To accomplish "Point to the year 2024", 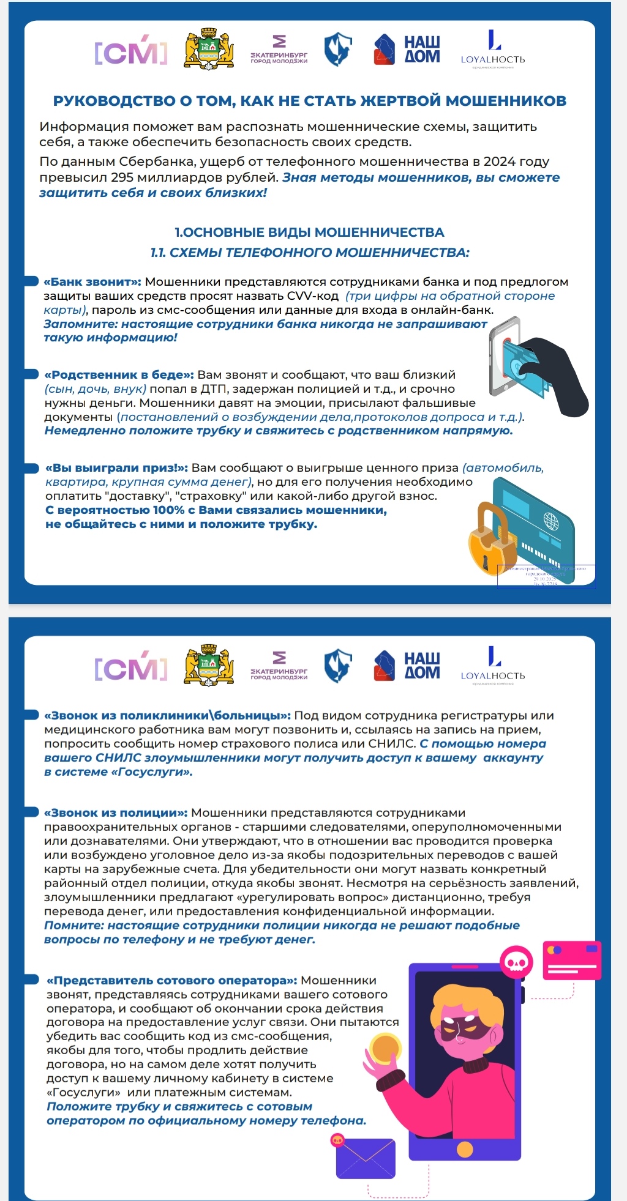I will [x=499, y=162].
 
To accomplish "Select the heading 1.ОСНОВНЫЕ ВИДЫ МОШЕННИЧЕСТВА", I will [x=309, y=232].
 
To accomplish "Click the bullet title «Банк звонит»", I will [x=92, y=282].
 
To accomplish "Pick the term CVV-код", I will [x=313, y=296].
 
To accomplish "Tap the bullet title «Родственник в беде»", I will [x=119, y=375].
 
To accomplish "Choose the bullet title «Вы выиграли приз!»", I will [x=116, y=468].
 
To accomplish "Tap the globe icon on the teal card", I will [x=551, y=521].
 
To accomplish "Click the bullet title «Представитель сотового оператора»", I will [x=172, y=981].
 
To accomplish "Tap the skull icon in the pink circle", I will [x=517, y=962].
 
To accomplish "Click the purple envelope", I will [x=366, y=1158].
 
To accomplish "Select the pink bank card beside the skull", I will [x=572, y=961].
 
